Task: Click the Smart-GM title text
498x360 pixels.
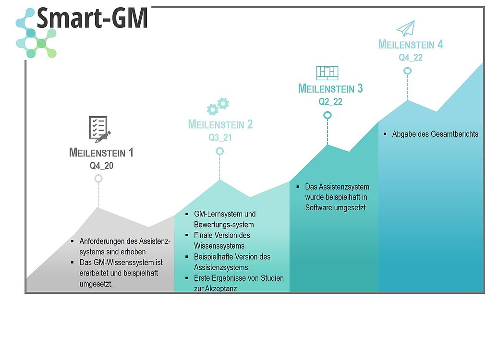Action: click(92, 18)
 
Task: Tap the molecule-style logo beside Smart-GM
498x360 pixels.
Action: click(36, 33)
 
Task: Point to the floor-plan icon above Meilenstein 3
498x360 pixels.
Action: click(328, 73)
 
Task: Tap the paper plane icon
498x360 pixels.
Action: click(406, 29)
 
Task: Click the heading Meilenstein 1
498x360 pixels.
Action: click(101, 153)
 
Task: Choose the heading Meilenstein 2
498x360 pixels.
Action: click(220, 124)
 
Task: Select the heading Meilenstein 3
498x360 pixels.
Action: click(330, 89)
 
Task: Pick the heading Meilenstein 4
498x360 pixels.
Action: click(411, 45)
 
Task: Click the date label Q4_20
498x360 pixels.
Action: click(101, 166)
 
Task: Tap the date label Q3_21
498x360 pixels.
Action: click(220, 137)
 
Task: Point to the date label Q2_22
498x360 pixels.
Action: click(330, 102)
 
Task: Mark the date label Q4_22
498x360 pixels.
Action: click(411, 58)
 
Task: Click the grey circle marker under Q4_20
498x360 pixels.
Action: click(98, 179)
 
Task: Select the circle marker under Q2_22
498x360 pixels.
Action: click(328, 115)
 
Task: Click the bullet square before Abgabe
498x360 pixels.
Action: click(385, 134)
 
